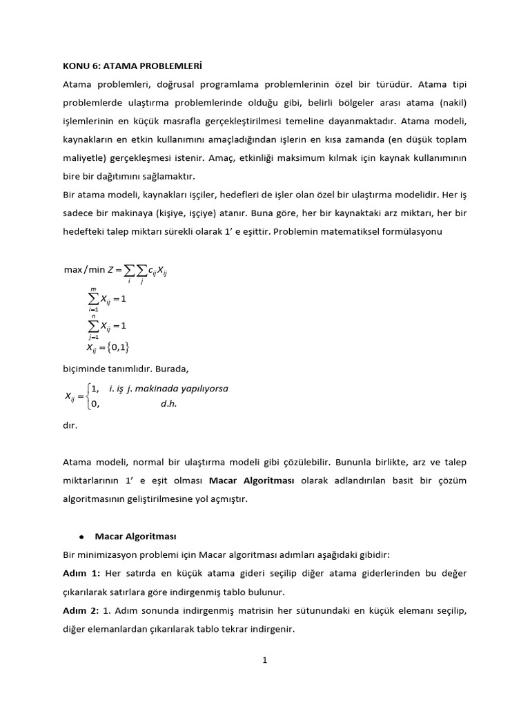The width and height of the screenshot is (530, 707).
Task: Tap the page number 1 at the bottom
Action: (x=264, y=660)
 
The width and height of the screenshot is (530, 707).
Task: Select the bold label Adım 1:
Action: (x=82, y=573)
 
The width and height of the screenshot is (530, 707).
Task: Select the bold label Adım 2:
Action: (x=82, y=610)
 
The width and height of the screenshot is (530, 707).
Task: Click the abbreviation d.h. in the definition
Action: (x=169, y=404)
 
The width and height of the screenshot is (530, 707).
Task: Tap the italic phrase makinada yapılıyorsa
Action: (x=181, y=388)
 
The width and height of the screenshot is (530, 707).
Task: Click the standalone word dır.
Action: (x=70, y=426)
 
